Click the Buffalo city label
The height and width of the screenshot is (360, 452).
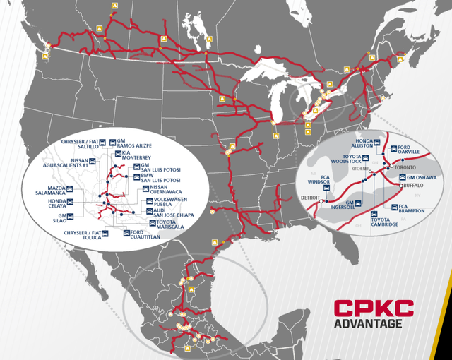(x=411, y=186)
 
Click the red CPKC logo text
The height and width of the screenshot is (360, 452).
(x=374, y=308)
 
